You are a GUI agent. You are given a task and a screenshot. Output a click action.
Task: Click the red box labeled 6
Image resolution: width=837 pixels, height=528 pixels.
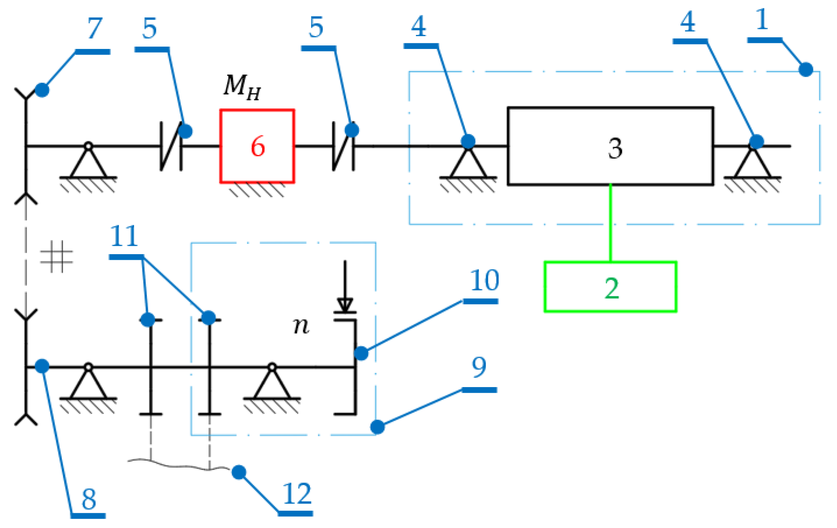257,146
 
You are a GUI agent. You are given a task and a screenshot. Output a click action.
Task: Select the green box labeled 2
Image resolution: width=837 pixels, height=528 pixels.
610,287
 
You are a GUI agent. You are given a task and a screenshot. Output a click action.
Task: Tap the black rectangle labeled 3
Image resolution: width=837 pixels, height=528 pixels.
610,146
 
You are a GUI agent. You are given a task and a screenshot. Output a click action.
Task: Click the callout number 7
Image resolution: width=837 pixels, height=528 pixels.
95,29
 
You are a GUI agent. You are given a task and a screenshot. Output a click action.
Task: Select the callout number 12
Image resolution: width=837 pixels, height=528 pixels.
297,494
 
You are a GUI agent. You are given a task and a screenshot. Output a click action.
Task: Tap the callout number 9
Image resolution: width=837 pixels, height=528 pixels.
479,367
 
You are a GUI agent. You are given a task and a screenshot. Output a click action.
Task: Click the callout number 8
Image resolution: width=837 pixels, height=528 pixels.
89,499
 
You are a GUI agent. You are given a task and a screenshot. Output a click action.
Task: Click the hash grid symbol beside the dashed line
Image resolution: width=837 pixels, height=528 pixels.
57,257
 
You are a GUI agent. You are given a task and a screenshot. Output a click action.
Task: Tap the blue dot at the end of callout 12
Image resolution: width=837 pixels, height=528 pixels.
239,472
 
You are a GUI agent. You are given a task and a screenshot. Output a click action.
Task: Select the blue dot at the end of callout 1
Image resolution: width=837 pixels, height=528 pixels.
806,69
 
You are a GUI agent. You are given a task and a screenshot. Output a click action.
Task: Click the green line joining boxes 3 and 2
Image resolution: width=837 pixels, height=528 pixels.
610,223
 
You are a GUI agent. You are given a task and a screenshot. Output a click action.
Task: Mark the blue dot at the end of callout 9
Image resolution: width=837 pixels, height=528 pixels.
377,427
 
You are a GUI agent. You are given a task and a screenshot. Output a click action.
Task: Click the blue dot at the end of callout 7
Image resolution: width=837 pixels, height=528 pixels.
42,90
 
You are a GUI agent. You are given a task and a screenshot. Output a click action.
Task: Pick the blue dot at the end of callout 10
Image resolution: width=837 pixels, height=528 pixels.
361,353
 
